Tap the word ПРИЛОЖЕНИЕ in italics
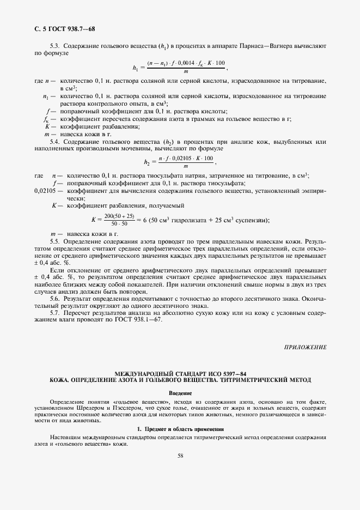(x=306, y=347)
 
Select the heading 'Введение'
(x=180, y=393)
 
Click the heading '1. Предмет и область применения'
(x=180, y=429)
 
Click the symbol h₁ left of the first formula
(x=136, y=68)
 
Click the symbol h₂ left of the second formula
(x=147, y=162)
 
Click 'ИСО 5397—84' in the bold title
(x=224, y=372)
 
